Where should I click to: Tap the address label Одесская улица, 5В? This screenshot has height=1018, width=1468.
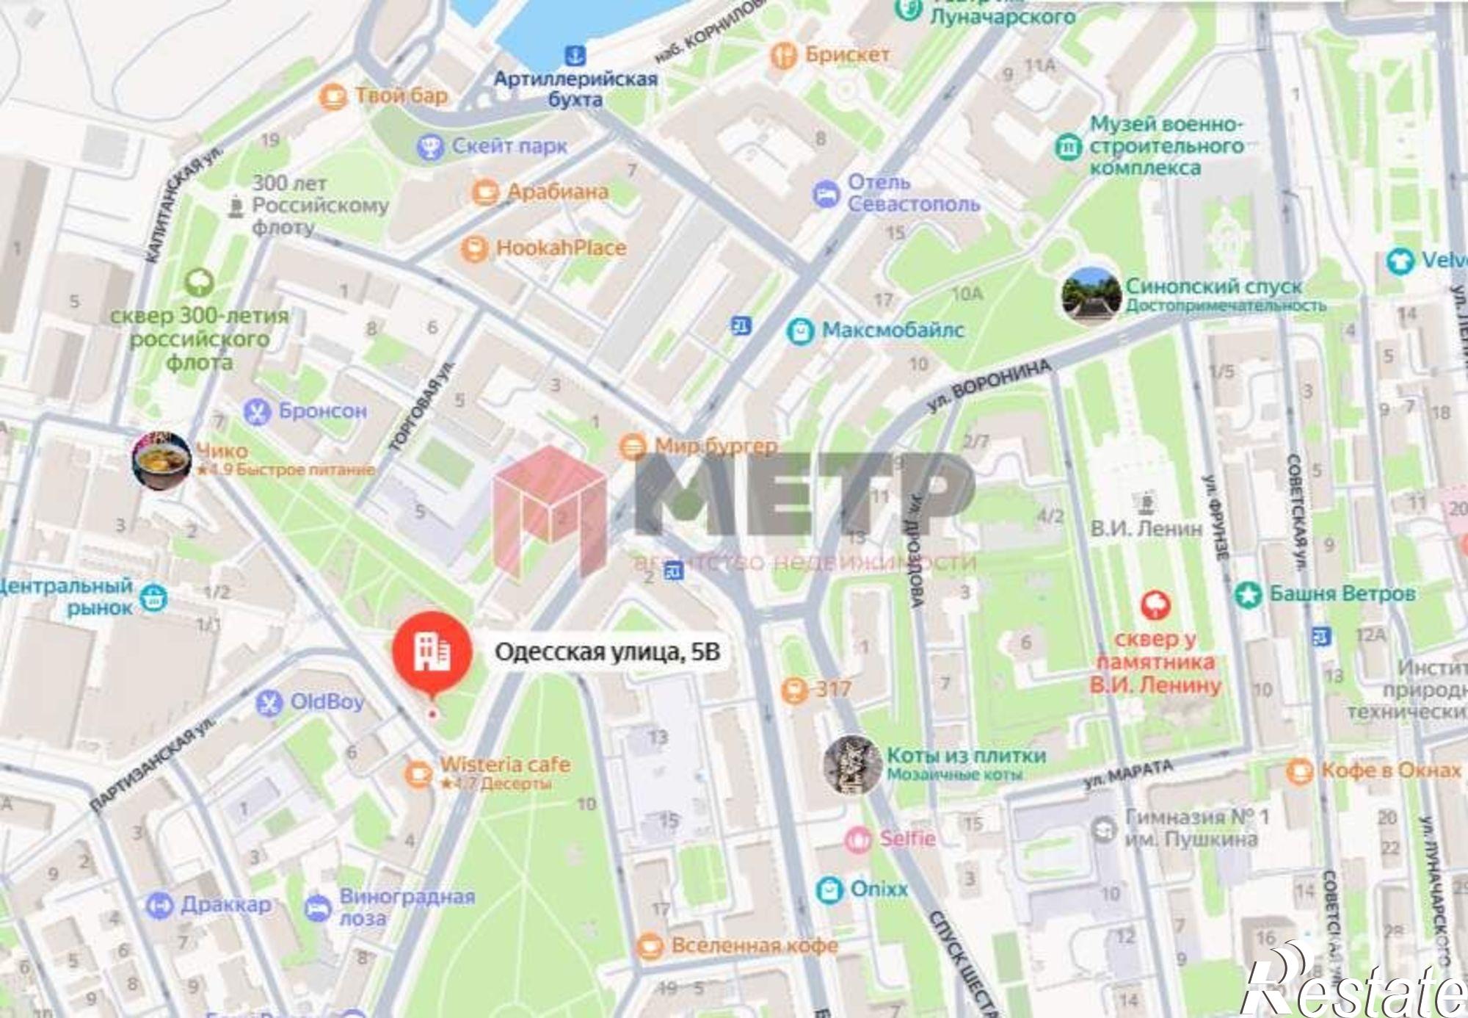607,651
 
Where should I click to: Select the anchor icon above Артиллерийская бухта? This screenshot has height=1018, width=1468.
575,54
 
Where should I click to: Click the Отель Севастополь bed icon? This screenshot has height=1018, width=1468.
826,195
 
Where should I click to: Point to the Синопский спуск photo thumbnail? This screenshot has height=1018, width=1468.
1091,295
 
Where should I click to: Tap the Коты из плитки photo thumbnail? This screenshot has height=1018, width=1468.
851,765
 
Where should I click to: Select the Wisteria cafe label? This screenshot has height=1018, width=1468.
505,765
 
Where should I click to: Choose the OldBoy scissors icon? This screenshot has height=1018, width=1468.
269,703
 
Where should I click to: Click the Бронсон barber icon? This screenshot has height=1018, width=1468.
257,411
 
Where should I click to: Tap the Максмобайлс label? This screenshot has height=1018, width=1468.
893,331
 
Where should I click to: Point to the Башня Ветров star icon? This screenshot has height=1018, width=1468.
1247,594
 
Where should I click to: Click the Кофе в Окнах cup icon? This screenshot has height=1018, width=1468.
1299,770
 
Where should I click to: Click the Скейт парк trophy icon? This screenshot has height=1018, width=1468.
430,147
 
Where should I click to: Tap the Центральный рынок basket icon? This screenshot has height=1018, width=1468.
153,598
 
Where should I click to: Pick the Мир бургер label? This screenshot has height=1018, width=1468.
716,446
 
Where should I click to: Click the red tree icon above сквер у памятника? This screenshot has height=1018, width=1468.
1155,605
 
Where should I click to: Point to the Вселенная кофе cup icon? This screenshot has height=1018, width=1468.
650,946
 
